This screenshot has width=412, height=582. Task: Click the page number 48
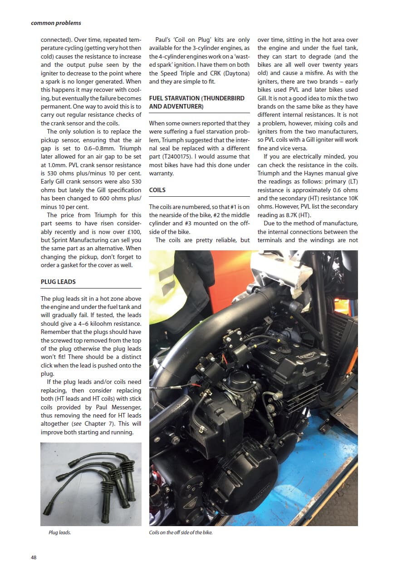[x=34, y=557]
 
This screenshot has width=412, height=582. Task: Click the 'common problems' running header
[x=56, y=22]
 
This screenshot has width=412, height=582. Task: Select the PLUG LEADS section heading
[x=58, y=282]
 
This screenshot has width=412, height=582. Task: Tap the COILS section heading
[x=157, y=190]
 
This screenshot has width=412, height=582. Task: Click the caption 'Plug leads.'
[x=59, y=532]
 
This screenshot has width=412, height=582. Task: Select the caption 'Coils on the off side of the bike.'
[x=181, y=532]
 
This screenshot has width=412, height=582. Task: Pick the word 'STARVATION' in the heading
[x=183, y=98]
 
